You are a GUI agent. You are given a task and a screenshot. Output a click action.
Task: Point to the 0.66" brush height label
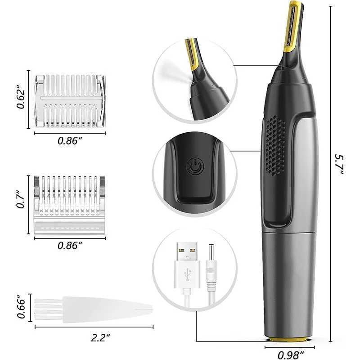pos(20,307)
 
